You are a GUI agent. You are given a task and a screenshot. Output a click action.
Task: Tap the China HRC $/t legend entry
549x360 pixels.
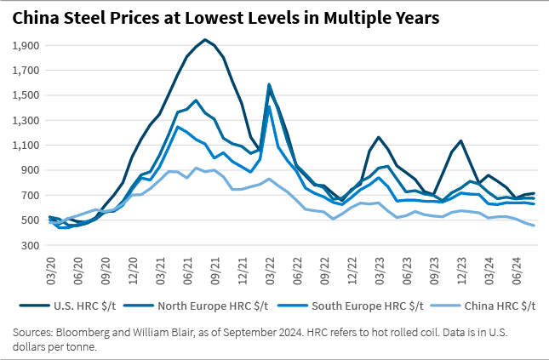[498, 305]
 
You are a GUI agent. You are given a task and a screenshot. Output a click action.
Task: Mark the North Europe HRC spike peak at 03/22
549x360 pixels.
[270, 84]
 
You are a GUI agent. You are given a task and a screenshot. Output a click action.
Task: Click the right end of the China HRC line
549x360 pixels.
[534, 226]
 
